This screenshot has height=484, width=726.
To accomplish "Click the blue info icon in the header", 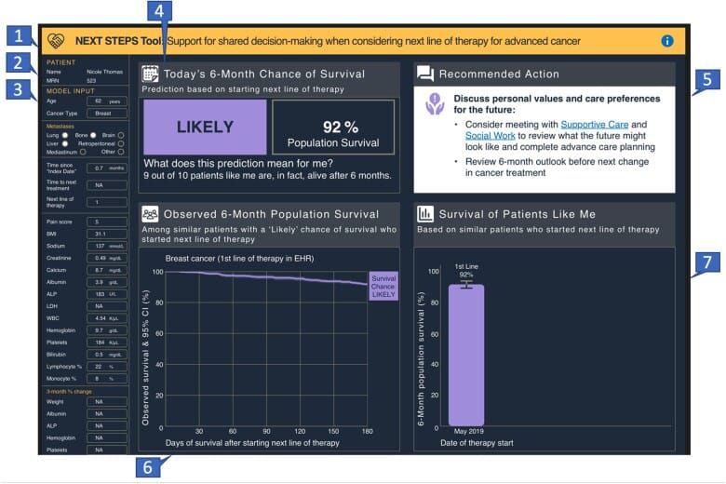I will point(666,41).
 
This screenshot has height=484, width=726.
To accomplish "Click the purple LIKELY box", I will point(203,128).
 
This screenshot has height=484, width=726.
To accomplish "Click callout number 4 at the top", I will point(162,11).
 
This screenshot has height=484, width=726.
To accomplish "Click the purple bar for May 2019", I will point(465,355).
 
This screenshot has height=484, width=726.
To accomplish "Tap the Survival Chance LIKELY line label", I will point(383,286).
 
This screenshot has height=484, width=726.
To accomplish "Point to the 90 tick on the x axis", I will point(266,432).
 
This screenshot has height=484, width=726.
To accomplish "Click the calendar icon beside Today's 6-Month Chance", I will point(150,74).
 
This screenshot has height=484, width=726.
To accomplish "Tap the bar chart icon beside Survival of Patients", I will point(425,213).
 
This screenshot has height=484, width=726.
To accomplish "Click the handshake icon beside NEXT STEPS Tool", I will point(57,41).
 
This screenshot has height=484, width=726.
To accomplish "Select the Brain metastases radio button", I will point(120,134).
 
